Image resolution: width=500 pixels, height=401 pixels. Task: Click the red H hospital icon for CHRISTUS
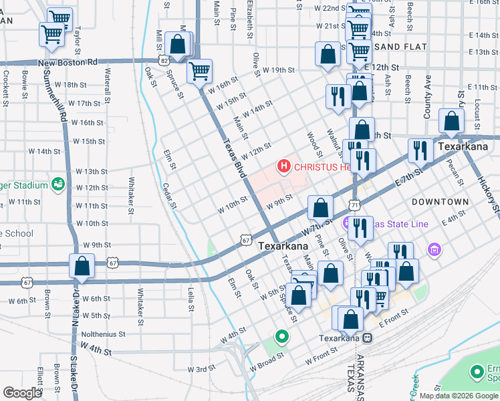(284, 166)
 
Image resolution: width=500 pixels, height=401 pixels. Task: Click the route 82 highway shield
(164, 60)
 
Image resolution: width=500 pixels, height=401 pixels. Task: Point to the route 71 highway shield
(354, 203)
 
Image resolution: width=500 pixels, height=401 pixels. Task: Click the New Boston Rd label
(68, 62)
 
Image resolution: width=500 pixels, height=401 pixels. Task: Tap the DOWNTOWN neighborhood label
(440, 201)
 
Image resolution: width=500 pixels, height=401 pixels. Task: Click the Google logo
(22, 393)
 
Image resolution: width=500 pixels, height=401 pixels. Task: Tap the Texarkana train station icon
(368, 338)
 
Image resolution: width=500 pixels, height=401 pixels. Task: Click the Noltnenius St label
(103, 334)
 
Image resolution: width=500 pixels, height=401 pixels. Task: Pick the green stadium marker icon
(58, 184)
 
